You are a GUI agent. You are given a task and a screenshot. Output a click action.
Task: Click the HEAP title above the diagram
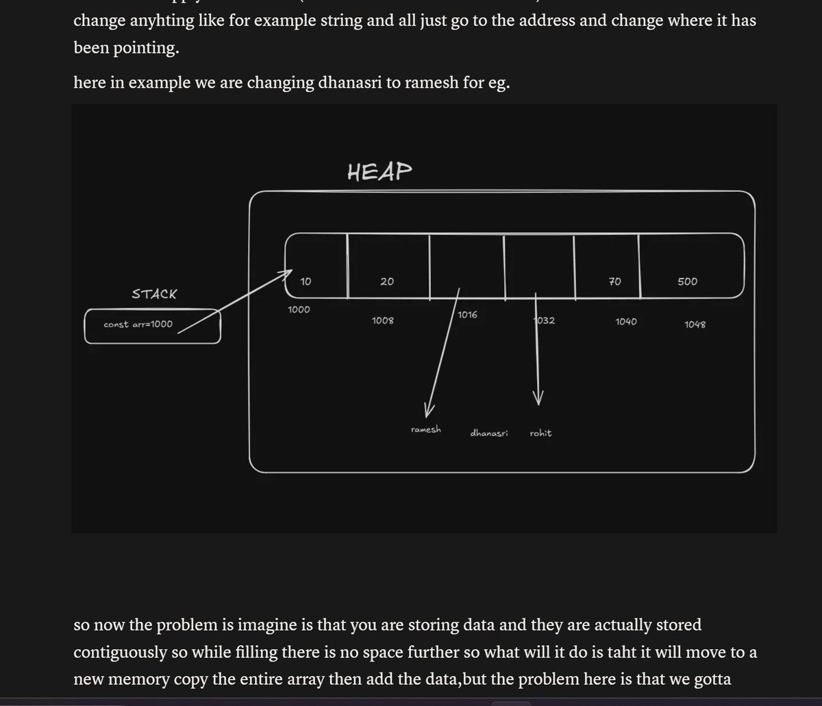379,171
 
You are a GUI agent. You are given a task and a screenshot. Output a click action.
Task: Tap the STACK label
154,294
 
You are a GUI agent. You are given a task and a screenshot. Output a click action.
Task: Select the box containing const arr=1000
153,326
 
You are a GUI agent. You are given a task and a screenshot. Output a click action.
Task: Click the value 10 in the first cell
306,281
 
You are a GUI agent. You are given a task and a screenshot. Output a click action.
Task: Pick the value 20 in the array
387,281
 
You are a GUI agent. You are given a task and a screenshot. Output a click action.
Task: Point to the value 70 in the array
614,281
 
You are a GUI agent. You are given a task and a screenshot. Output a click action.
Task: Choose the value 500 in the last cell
687,281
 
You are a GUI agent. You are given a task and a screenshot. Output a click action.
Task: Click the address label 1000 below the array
299,309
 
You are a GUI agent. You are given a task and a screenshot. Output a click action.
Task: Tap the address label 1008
382,320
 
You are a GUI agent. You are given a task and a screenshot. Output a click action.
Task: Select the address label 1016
468,315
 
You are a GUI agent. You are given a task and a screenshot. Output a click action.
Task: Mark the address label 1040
625,321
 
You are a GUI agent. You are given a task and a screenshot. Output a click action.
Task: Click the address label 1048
695,324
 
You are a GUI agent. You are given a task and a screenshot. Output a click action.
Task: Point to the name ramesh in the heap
426,430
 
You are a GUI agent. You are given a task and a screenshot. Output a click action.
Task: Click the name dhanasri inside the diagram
489,433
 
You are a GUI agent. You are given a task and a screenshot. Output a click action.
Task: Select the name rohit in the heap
540,433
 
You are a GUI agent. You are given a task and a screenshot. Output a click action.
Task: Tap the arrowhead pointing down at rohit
538,398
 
